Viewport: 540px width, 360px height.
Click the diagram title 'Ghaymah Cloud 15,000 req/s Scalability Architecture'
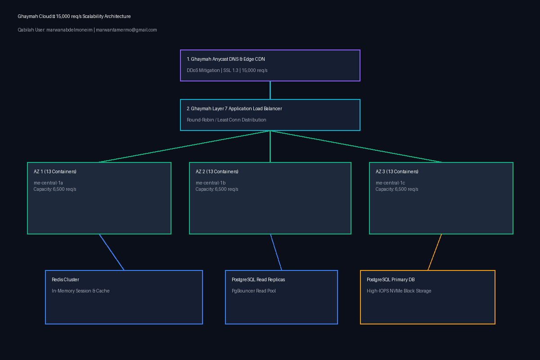tap(74, 16)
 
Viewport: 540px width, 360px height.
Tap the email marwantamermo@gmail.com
tap(126, 30)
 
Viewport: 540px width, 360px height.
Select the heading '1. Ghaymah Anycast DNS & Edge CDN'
tap(225, 59)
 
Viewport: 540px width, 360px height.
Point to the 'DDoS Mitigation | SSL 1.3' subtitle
tap(212, 70)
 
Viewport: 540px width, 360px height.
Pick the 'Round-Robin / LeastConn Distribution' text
tap(226, 120)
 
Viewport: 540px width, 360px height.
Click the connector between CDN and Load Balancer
tap(270, 90)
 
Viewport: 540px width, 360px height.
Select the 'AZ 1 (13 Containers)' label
tap(55, 172)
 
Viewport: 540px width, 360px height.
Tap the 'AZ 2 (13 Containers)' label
tap(217, 172)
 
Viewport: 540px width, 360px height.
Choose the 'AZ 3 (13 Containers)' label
tap(397, 172)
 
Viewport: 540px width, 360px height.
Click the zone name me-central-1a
tap(48, 183)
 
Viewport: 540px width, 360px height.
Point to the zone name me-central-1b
tap(211, 183)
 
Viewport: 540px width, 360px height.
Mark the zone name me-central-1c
tap(390, 183)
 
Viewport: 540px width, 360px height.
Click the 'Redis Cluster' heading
tap(65, 280)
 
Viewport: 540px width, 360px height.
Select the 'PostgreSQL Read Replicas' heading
tap(258, 280)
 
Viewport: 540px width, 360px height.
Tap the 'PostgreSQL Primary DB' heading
tap(391, 280)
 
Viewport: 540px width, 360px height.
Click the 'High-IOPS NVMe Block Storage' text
tap(399, 291)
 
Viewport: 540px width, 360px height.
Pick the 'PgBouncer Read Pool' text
tap(254, 291)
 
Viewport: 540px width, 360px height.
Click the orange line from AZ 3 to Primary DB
tap(435, 252)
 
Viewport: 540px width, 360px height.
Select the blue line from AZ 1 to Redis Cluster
tap(112, 252)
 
